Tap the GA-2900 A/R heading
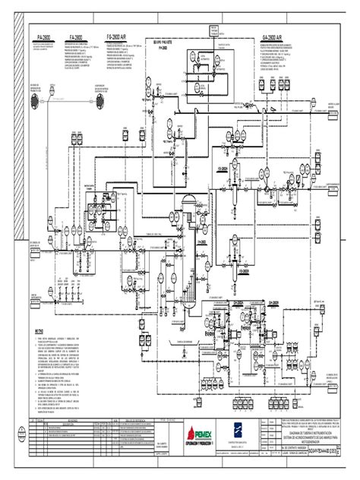pyautogui.click(x=272, y=37)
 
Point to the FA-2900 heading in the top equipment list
pyautogui.click(x=76, y=37)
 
